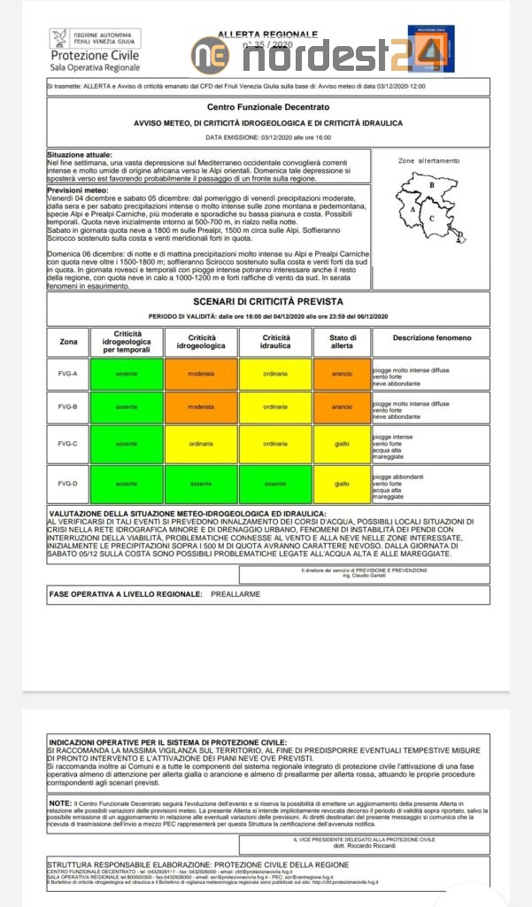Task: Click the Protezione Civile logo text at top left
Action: click(95, 55)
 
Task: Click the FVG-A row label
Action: click(68, 373)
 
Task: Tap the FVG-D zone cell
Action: click(68, 484)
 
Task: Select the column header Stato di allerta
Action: click(342, 341)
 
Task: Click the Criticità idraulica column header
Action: click(275, 341)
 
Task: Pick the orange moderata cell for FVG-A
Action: click(201, 373)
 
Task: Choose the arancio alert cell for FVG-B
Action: click(342, 407)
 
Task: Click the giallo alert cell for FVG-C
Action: click(342, 444)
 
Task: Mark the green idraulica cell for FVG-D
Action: click(275, 484)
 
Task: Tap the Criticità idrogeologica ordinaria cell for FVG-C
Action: click(201, 444)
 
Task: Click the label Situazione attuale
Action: click(80, 153)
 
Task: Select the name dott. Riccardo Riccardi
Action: click(363, 846)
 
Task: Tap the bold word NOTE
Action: click(60, 802)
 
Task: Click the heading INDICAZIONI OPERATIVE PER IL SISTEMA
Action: click(166, 741)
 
